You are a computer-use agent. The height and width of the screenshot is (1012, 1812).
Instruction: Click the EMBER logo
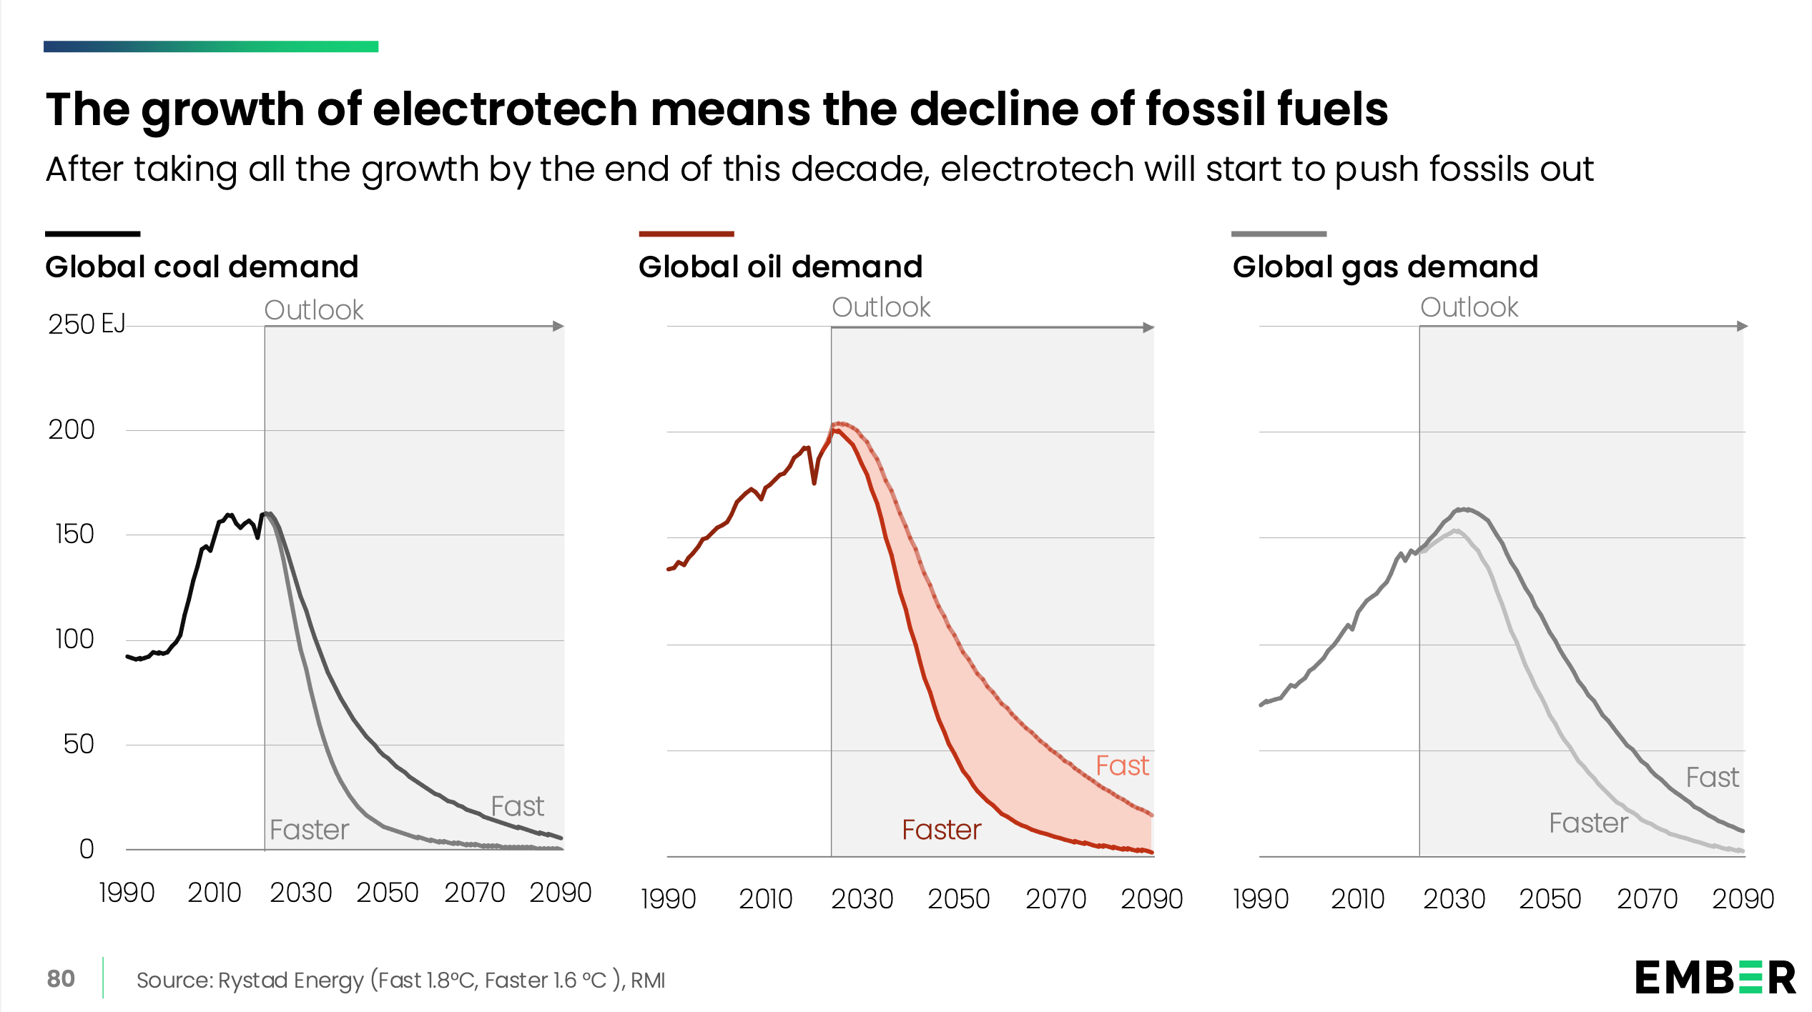click(x=1715, y=978)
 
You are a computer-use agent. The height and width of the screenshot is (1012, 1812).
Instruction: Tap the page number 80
click(x=61, y=978)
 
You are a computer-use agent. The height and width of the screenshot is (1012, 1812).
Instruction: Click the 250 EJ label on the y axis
click(x=87, y=324)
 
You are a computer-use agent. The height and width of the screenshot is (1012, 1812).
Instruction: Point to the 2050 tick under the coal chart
click(x=388, y=893)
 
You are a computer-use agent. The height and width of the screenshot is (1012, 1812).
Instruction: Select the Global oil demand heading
click(x=780, y=267)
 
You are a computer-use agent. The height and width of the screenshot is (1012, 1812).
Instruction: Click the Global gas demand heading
click(x=1385, y=267)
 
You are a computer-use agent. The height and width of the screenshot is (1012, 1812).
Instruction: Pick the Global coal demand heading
click(x=202, y=267)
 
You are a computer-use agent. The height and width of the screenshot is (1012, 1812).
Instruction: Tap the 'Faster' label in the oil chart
click(x=941, y=830)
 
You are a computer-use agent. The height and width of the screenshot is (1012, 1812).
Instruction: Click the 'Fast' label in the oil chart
click(x=1122, y=766)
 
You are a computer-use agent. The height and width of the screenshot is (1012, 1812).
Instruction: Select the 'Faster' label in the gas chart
click(x=1588, y=823)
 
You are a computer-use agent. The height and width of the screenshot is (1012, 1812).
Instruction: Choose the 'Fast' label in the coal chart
click(x=517, y=807)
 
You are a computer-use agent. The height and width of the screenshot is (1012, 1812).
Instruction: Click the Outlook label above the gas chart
click(x=1469, y=307)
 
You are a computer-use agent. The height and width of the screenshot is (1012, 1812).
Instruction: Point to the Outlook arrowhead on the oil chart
click(x=1148, y=327)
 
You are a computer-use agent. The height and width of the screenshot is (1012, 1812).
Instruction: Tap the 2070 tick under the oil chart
click(x=1055, y=899)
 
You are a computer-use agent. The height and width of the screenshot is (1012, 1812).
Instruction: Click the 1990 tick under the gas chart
click(x=1261, y=899)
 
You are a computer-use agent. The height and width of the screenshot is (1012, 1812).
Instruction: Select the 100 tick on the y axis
click(x=74, y=639)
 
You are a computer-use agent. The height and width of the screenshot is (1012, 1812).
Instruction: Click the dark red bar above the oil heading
click(x=686, y=234)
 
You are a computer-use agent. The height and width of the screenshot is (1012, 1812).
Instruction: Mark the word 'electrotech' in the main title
click(x=505, y=109)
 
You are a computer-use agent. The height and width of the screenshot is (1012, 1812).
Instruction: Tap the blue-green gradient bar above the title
click(x=211, y=46)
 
